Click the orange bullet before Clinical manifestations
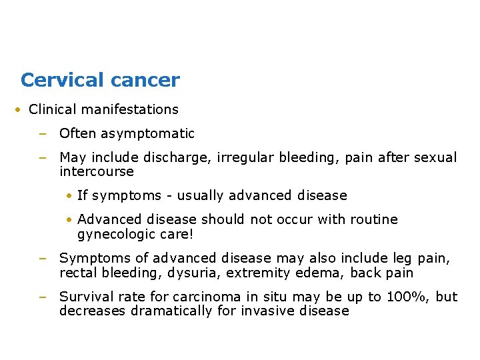tap(19, 109)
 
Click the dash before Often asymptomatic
tap(42, 133)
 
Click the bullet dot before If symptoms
tap(69, 195)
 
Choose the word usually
tap(202, 195)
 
